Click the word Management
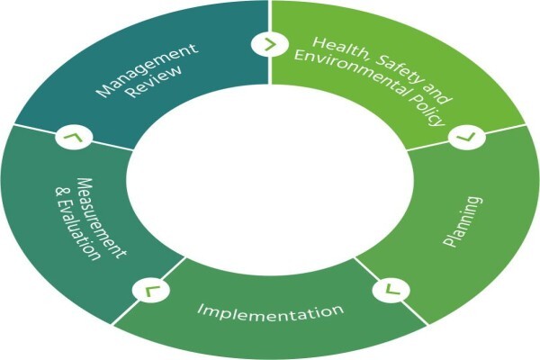click(x=148, y=70)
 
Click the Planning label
click(x=463, y=221)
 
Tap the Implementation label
click(x=271, y=311)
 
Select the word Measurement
click(x=101, y=218)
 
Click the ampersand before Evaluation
click(x=62, y=192)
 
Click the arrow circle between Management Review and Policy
click(x=269, y=44)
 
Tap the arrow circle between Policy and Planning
click(x=467, y=137)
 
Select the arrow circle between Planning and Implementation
click(x=391, y=289)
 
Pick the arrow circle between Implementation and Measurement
click(x=151, y=291)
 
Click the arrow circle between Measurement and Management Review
click(x=74, y=137)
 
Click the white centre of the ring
click(x=270, y=179)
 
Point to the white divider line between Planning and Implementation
click(x=391, y=291)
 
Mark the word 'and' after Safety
click(x=435, y=93)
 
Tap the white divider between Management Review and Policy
click(x=270, y=42)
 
